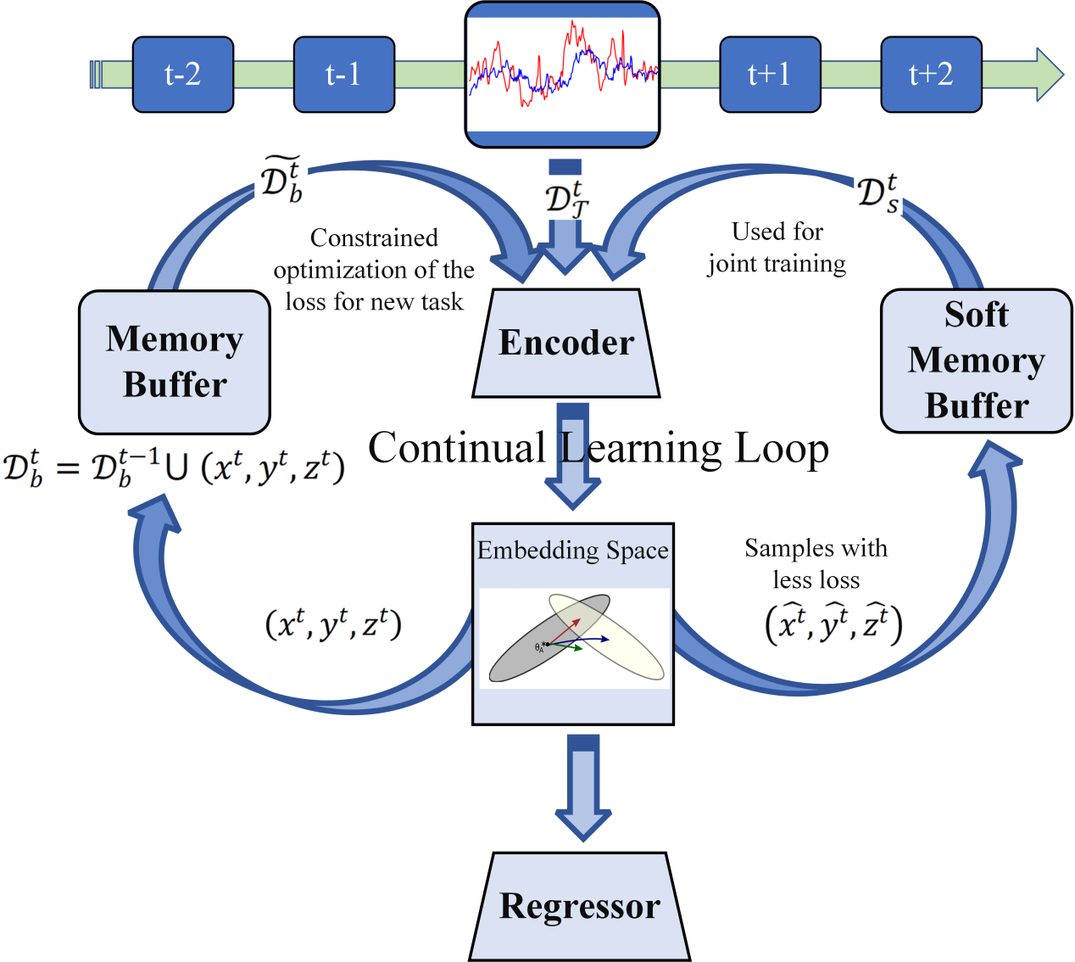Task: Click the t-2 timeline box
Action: tap(182, 75)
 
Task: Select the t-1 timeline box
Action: tap(343, 75)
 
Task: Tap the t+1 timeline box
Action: tap(770, 75)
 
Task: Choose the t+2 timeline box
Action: tap(931, 75)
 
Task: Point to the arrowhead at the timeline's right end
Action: tap(1049, 75)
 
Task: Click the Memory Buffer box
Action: tap(175, 362)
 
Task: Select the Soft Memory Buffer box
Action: tap(977, 361)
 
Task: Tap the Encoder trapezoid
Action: tap(566, 344)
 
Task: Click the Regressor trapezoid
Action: tap(580, 906)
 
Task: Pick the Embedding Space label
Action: tap(573, 551)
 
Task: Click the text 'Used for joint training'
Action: tap(777, 248)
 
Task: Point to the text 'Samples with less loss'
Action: tap(816, 563)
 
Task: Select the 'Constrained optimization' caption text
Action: tap(374, 270)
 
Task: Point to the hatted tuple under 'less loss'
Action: tap(833, 625)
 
